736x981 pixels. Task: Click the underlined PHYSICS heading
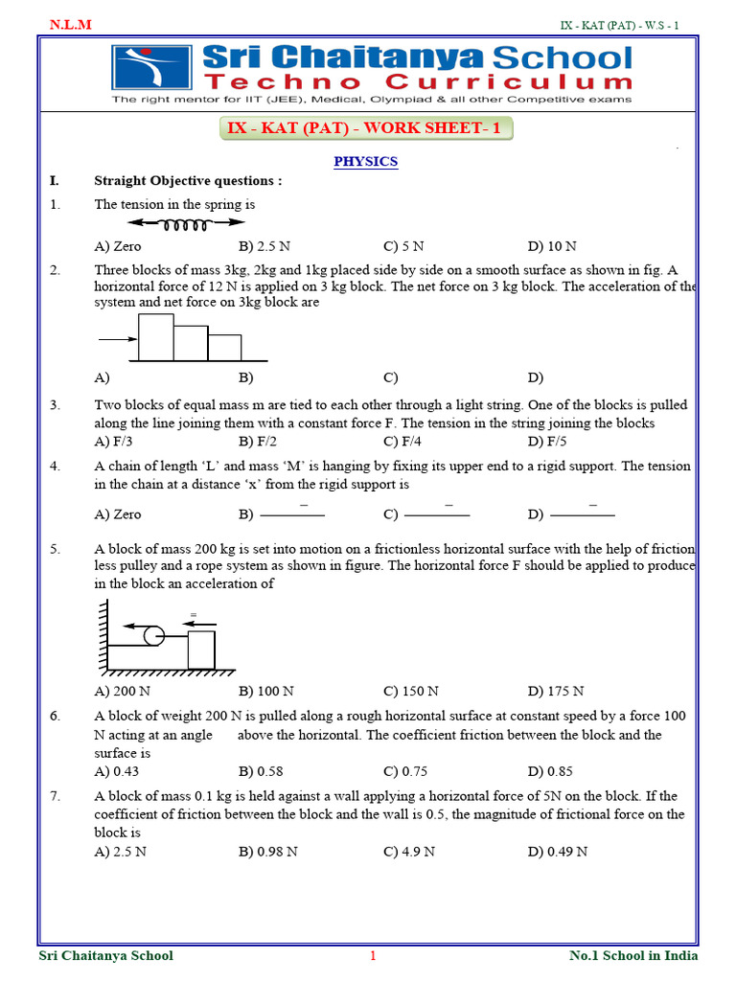(365, 162)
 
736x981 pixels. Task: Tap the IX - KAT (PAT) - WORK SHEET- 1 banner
(363, 128)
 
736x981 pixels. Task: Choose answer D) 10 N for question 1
(552, 246)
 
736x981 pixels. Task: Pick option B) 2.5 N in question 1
(264, 246)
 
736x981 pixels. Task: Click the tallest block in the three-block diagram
(155, 337)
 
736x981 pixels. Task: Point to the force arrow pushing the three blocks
(117, 339)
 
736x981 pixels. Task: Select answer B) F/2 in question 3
(258, 442)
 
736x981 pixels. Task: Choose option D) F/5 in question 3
(548, 442)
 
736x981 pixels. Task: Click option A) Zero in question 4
(117, 514)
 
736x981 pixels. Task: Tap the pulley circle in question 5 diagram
(151, 634)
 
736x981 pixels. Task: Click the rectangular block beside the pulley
(202, 650)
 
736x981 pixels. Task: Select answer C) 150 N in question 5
(411, 691)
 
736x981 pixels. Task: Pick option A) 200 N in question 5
(123, 691)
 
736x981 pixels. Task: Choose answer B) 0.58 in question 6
(261, 771)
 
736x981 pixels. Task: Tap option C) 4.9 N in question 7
(409, 852)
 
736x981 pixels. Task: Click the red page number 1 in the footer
(373, 955)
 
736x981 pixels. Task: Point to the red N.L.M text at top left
(71, 24)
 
